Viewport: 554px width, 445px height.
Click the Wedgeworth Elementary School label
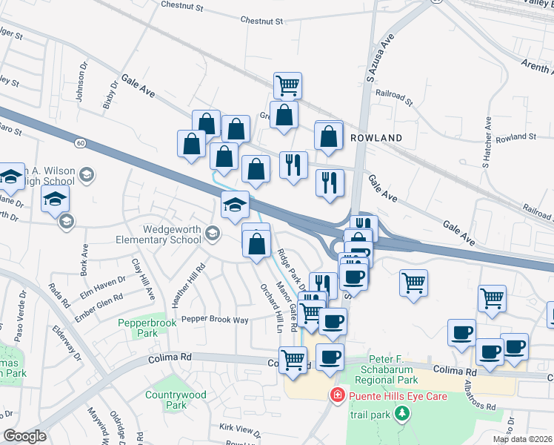click(158, 234)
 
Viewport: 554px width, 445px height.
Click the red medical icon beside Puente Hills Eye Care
click(338, 395)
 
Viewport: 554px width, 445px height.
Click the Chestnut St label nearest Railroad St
click(262, 22)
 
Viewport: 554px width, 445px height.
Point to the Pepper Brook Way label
click(214, 319)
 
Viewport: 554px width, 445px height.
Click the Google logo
click(24, 437)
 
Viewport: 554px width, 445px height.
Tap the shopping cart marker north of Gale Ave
click(287, 85)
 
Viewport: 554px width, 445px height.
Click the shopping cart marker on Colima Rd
click(293, 360)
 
